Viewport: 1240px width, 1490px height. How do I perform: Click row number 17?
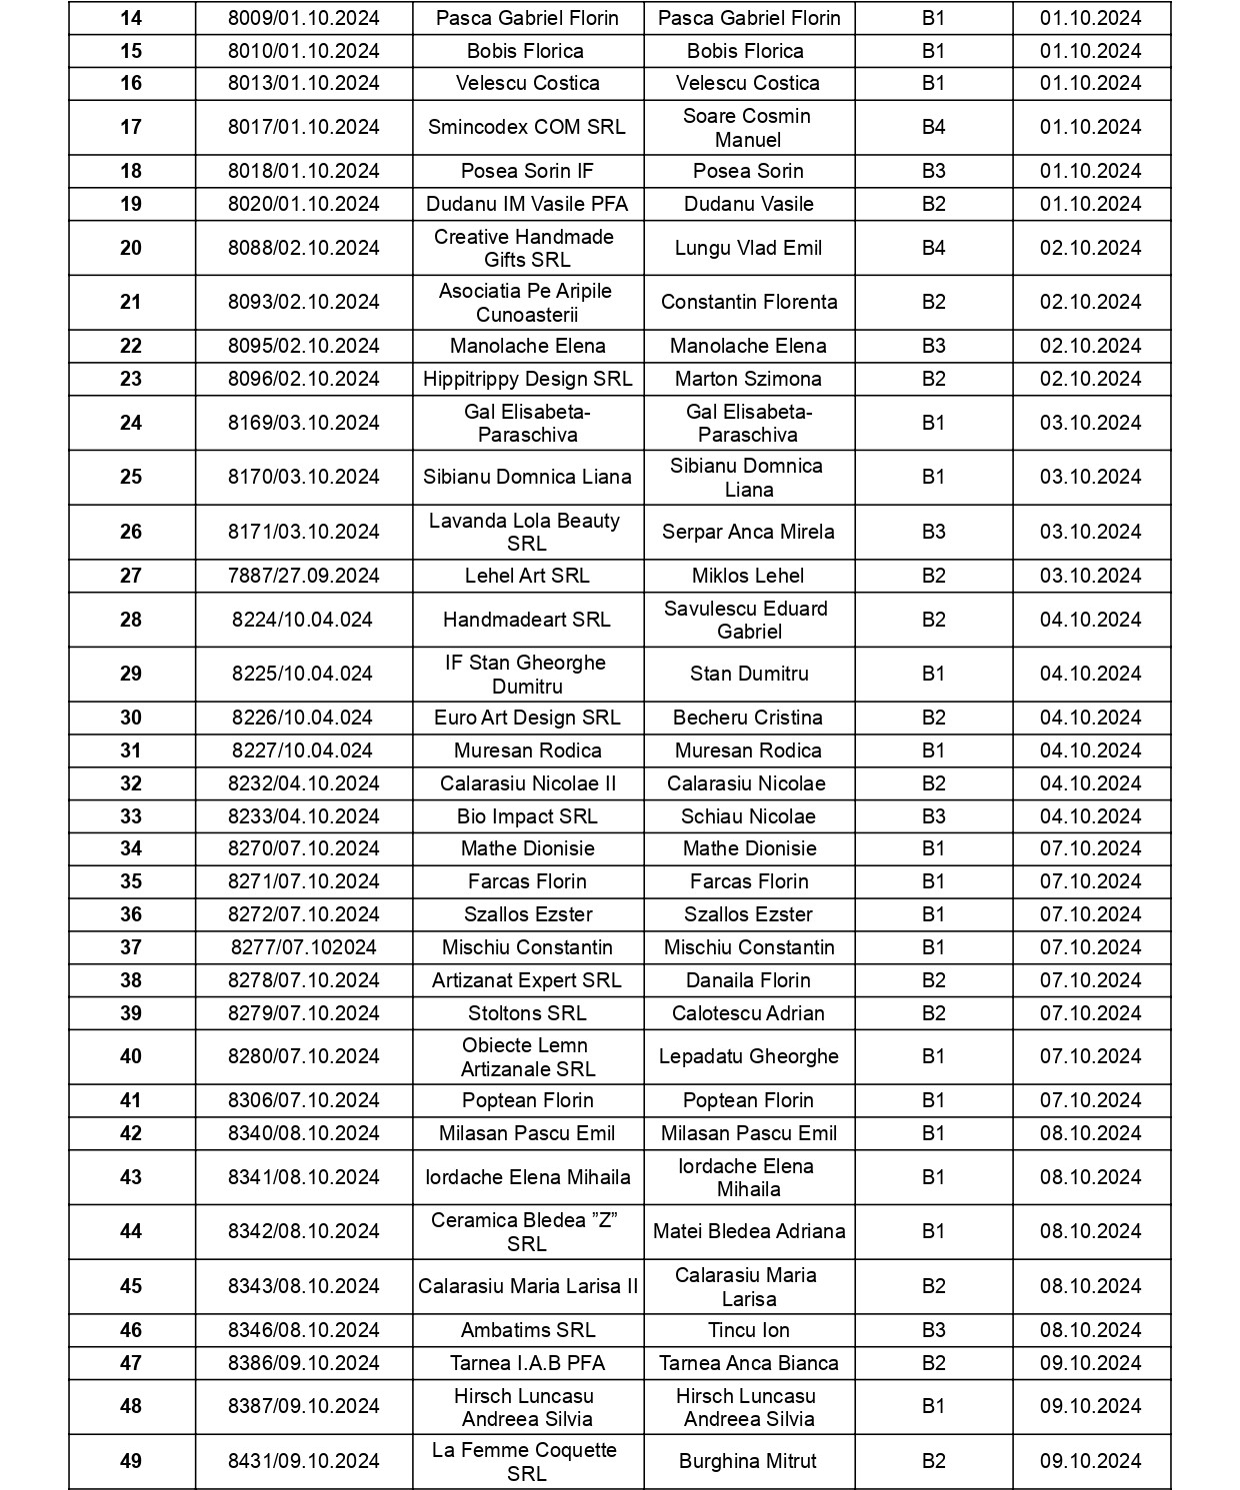(x=131, y=127)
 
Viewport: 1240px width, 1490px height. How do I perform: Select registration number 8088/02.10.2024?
(x=303, y=248)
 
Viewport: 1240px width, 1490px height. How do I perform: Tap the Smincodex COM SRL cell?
(x=526, y=127)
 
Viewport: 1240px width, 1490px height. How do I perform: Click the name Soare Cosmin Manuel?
(x=747, y=127)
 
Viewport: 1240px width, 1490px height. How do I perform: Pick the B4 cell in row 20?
(x=932, y=248)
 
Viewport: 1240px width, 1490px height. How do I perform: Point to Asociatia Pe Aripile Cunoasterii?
(x=526, y=302)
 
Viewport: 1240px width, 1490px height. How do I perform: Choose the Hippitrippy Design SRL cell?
(x=527, y=379)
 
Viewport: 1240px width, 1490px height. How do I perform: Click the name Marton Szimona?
(x=747, y=379)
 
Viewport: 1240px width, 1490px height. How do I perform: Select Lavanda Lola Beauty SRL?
(x=526, y=532)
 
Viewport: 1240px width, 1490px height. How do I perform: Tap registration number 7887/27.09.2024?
(x=303, y=576)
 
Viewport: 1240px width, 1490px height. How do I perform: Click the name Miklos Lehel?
(x=747, y=576)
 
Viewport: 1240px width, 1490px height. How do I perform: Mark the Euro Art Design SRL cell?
(x=526, y=718)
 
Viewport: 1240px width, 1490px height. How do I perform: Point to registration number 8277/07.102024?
(x=303, y=947)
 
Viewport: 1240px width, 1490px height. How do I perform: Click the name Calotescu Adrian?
(x=747, y=1013)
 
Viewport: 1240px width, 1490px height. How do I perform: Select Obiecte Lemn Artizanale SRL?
(x=526, y=1056)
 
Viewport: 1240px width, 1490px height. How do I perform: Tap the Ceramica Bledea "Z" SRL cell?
(x=526, y=1231)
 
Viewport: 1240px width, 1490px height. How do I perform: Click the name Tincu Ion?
(x=747, y=1330)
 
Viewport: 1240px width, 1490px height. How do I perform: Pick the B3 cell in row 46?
(x=932, y=1330)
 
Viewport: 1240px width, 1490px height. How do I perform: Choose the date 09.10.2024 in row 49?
(x=1090, y=1461)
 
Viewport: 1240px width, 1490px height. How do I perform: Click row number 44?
(x=131, y=1231)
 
